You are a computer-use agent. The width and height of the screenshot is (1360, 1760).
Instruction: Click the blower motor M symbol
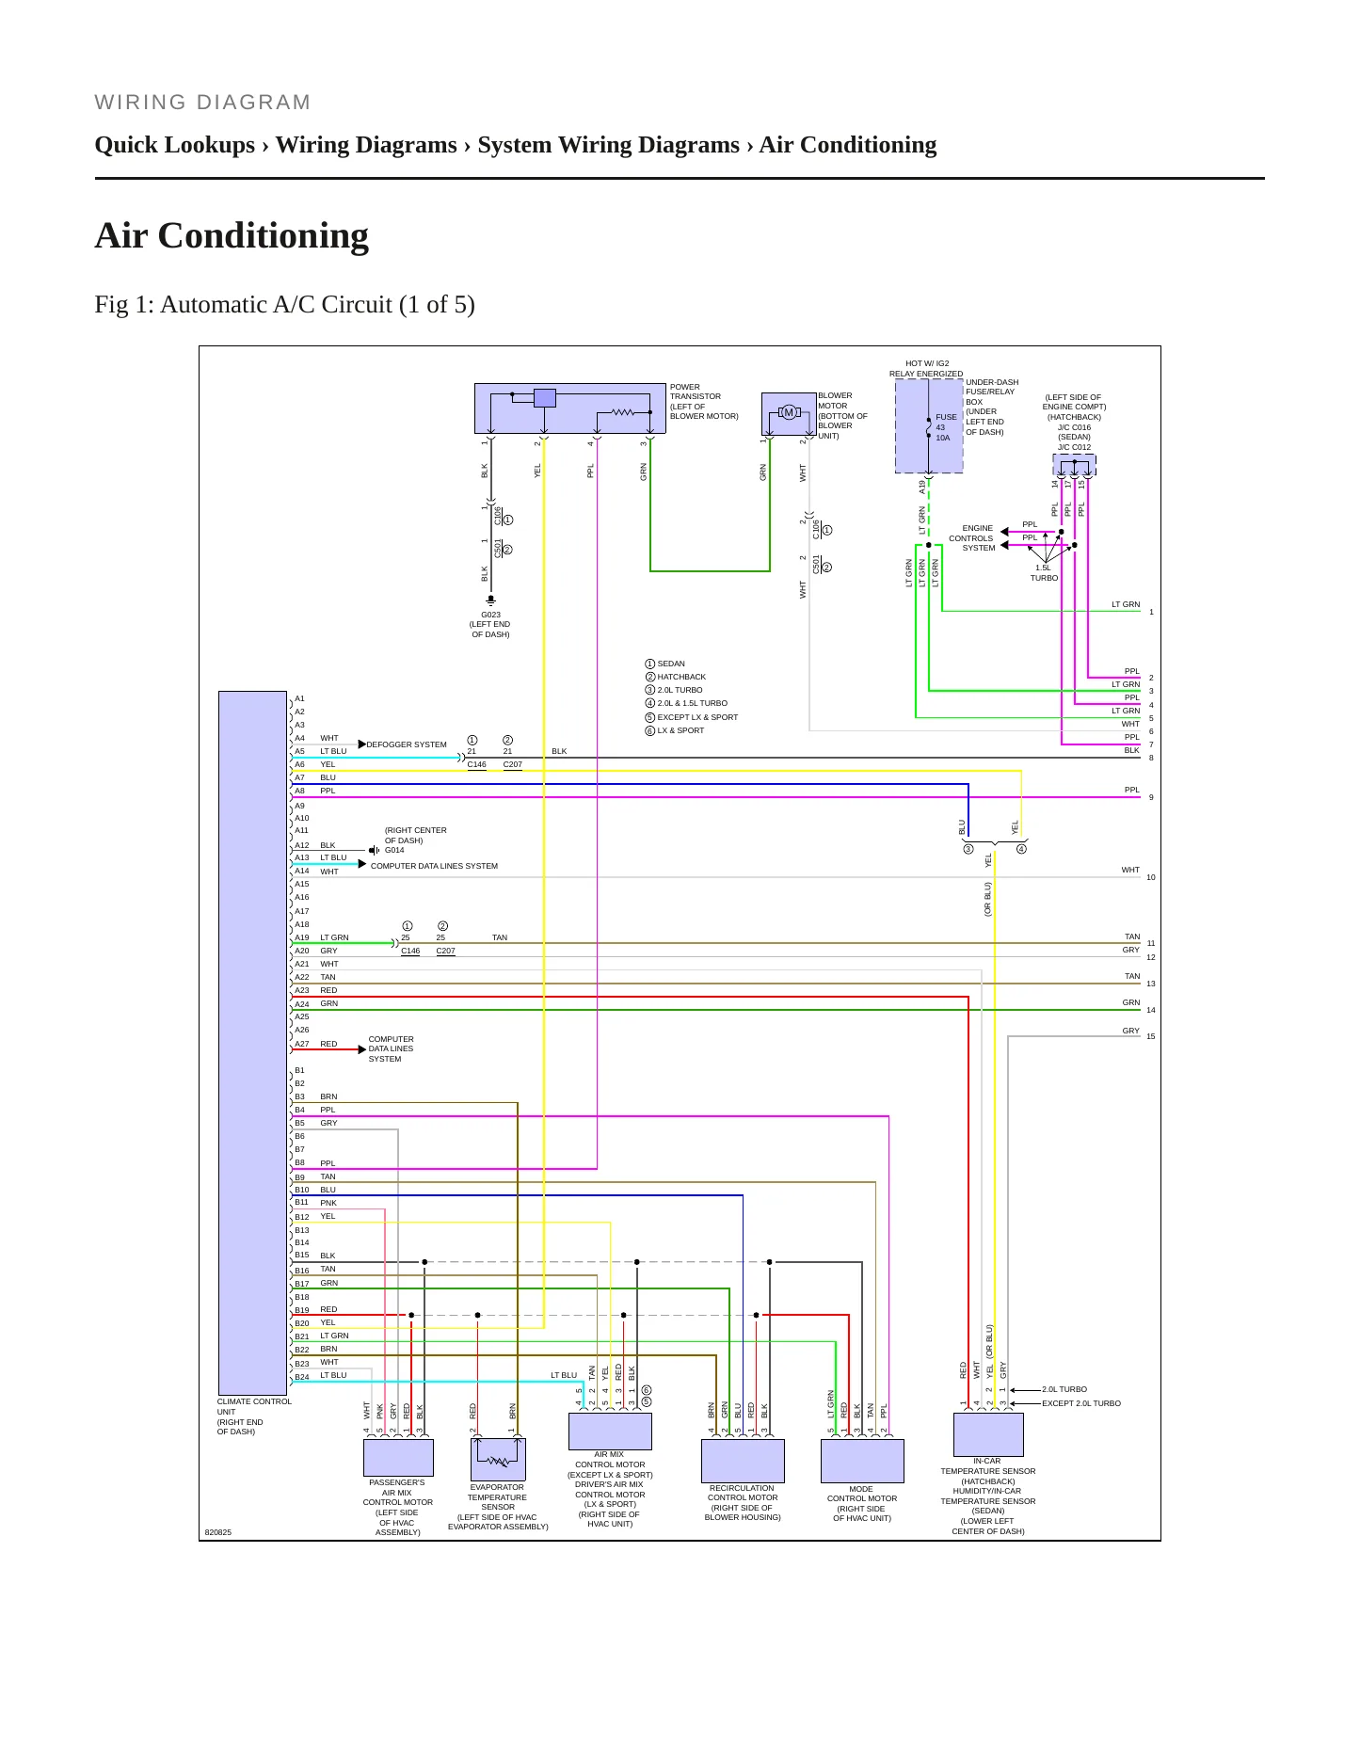coord(789,411)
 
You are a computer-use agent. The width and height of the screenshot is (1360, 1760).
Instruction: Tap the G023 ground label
coord(490,616)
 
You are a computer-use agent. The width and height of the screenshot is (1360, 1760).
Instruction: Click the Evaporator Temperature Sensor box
coord(498,1459)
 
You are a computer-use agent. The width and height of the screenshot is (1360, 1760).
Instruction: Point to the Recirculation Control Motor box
coord(743,1462)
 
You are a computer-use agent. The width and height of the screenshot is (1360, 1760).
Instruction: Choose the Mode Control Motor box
coord(862,1462)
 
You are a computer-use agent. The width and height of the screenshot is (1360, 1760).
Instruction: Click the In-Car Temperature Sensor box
coord(988,1435)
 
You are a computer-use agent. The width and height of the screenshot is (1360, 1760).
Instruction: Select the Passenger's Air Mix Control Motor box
coord(398,1458)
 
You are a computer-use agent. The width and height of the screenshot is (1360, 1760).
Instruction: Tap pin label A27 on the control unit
coord(302,1044)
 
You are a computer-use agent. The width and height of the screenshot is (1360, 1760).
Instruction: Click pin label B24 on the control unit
coord(302,1377)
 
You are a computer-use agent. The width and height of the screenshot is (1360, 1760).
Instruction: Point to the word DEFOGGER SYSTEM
coord(407,744)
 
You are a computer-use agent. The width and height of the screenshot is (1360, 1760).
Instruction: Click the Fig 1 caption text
coord(284,305)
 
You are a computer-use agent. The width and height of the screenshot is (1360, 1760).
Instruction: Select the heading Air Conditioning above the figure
coord(232,235)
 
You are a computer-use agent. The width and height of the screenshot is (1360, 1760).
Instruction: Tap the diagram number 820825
coord(218,1532)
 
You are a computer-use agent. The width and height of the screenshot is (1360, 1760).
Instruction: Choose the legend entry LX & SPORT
coord(680,730)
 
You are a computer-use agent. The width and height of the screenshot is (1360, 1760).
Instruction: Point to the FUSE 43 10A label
coord(945,427)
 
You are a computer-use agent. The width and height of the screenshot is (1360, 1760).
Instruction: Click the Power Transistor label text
coord(704,401)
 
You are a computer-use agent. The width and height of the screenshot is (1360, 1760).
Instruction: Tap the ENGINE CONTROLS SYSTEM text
coord(971,538)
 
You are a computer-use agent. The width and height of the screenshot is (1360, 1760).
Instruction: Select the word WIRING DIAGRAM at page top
coord(202,103)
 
